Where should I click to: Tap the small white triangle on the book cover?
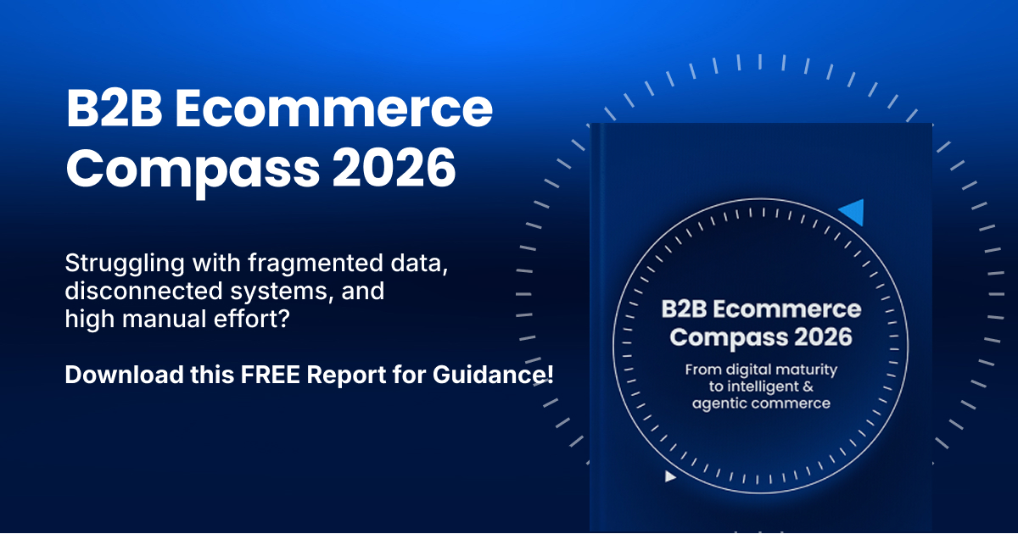tap(670, 476)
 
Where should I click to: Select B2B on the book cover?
tap(684, 309)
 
